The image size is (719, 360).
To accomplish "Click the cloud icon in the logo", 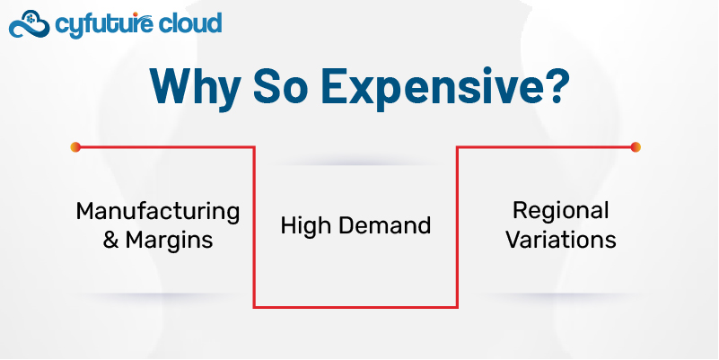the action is (29, 24).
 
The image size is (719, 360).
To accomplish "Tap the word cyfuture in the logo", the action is (101, 24).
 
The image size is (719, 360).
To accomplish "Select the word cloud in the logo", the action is (189, 23).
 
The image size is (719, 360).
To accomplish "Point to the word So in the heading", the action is (280, 86).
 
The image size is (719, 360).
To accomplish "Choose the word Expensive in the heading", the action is (420, 88).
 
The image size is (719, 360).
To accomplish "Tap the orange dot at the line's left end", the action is (75, 147).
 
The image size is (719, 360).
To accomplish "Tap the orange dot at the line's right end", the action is (636, 147).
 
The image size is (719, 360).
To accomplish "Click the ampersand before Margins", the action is (110, 240).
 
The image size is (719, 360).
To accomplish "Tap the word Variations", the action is (561, 240).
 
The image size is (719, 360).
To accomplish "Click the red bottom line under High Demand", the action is (355, 307).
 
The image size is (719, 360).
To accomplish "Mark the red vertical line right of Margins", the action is (254, 227).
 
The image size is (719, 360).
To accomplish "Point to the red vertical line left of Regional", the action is (457, 227).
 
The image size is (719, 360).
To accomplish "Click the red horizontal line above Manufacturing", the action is (165, 147).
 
